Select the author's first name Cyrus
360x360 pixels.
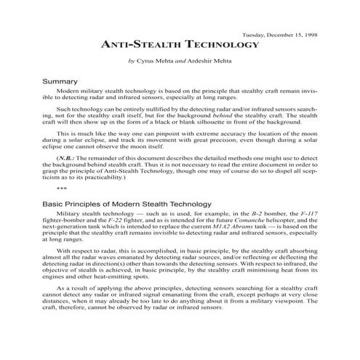click(x=148, y=60)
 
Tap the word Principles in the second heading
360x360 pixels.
click(x=86, y=204)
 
